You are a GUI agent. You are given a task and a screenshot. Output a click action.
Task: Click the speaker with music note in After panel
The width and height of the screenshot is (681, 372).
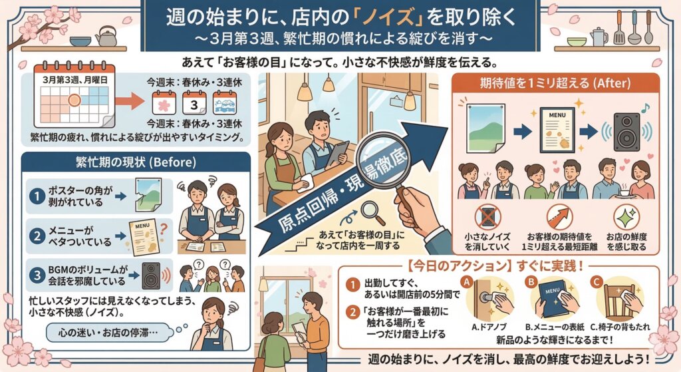(x=626, y=129)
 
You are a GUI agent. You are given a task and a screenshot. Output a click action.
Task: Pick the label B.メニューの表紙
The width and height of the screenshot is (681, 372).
(x=555, y=327)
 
